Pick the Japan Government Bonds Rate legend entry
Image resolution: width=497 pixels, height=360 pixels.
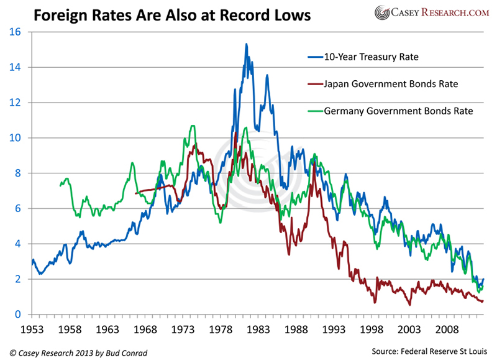click(391, 84)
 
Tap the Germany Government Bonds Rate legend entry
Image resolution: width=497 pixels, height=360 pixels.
click(398, 111)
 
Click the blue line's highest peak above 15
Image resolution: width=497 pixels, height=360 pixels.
click(247, 44)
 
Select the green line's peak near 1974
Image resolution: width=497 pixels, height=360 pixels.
click(193, 126)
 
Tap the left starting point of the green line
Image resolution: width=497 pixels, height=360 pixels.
click(60, 185)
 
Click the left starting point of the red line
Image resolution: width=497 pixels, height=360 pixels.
click(135, 193)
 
